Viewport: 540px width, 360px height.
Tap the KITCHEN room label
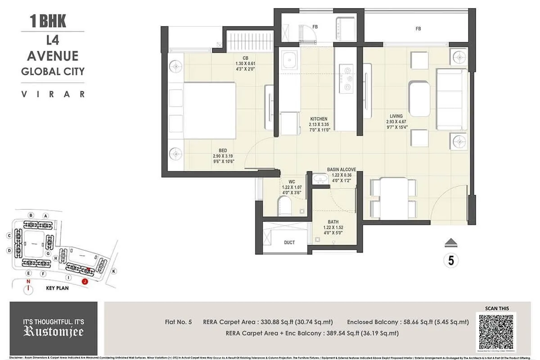pyautogui.click(x=319, y=119)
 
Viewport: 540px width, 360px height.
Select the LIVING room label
pyautogui.click(x=396, y=117)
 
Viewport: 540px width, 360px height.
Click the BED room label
pyautogui.click(x=223, y=150)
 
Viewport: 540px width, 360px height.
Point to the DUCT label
pyautogui.click(x=289, y=243)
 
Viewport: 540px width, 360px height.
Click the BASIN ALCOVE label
pyautogui.click(x=342, y=170)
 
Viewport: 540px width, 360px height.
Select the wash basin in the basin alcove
pyautogui.click(x=321, y=179)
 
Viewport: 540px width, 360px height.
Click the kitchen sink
pyautogui.click(x=288, y=58)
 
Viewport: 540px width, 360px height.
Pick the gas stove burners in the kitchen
pyautogui.click(x=347, y=78)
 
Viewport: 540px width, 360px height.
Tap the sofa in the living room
pyautogui.click(x=452, y=99)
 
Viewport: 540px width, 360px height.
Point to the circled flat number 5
pyautogui.click(x=450, y=260)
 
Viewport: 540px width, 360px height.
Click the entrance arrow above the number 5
pyautogui.click(x=450, y=243)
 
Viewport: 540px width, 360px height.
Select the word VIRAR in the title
pyautogui.click(x=53, y=94)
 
